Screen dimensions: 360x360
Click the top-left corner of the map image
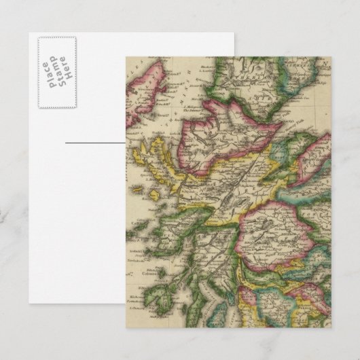point(126,56)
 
